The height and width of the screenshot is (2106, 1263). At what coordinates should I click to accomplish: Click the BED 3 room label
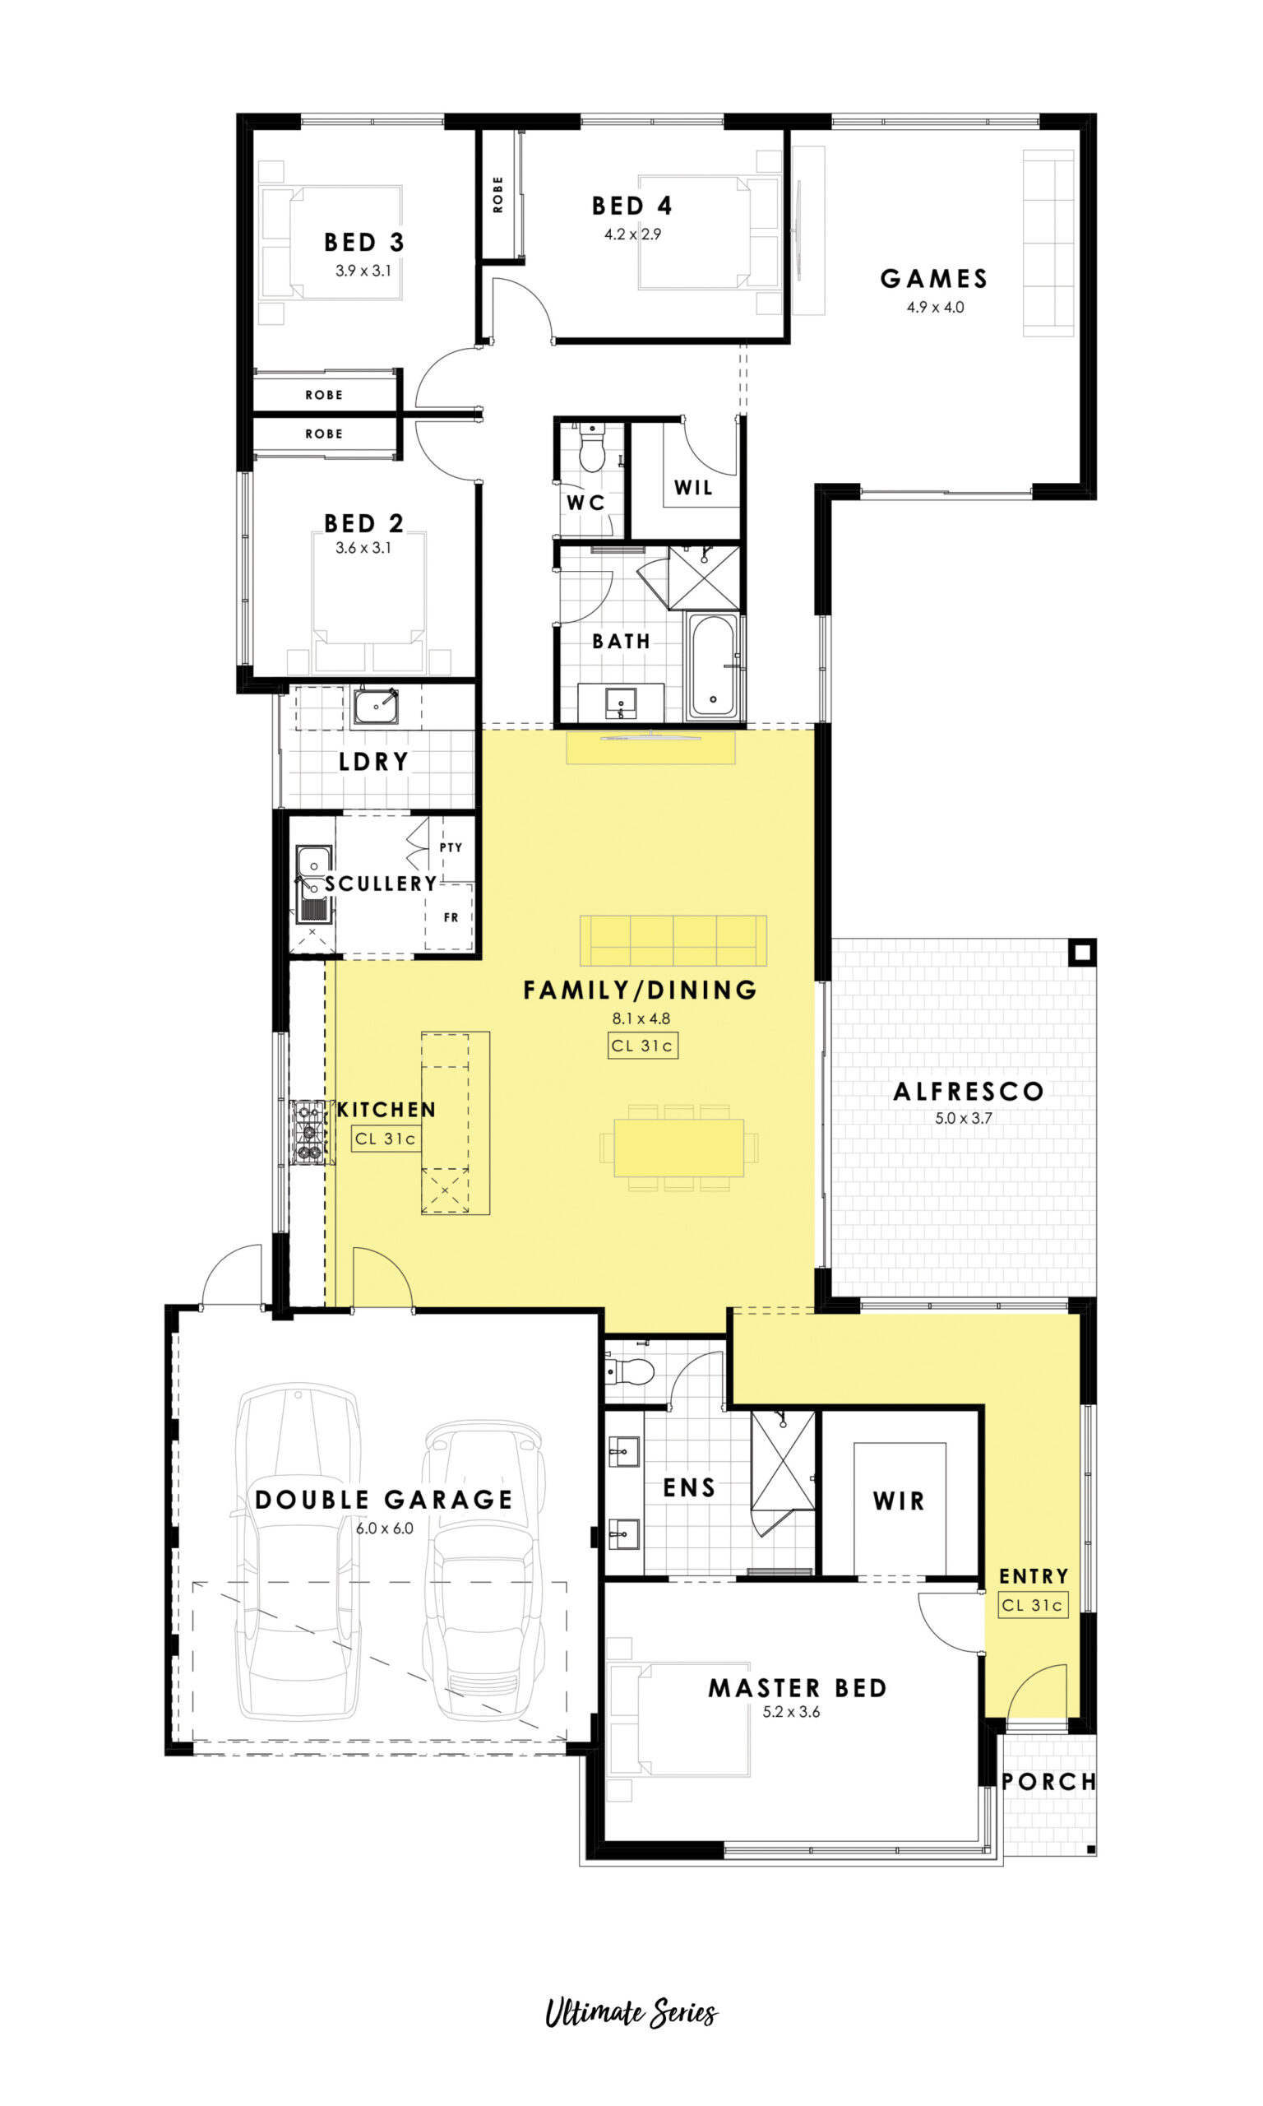tap(364, 243)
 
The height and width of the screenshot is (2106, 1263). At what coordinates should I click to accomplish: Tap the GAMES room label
tap(933, 278)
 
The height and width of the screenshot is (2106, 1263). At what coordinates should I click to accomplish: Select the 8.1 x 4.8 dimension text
tap(641, 1018)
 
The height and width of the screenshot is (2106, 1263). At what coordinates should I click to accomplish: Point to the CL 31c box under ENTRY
tap(1033, 1605)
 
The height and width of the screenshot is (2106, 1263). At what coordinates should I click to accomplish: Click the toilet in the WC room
tap(591, 448)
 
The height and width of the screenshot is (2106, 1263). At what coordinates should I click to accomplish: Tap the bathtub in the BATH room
tap(712, 666)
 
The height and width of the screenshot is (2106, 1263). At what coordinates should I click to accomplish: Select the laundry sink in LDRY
tap(375, 706)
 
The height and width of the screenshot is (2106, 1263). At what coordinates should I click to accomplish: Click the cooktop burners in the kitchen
tap(309, 1132)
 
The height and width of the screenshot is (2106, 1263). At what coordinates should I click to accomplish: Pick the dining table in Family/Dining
tap(679, 1148)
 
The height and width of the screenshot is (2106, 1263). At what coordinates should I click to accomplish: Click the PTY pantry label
tap(451, 847)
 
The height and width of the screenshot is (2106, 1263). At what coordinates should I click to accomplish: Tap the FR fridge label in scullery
tap(451, 916)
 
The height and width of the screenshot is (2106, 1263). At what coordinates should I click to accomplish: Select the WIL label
tap(694, 488)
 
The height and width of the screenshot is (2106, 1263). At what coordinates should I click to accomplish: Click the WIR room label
tap(899, 1501)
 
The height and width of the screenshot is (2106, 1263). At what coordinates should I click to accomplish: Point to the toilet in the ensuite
tap(629, 1371)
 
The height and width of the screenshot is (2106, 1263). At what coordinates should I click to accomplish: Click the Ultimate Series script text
tap(631, 2012)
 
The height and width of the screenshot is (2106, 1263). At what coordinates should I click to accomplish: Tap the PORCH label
tap(1048, 1782)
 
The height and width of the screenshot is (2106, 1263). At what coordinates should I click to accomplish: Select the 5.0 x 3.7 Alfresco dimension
tap(964, 1118)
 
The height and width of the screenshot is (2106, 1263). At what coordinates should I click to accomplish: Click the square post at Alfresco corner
tap(1082, 952)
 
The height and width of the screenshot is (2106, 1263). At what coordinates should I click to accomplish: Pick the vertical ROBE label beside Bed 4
tap(497, 194)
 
